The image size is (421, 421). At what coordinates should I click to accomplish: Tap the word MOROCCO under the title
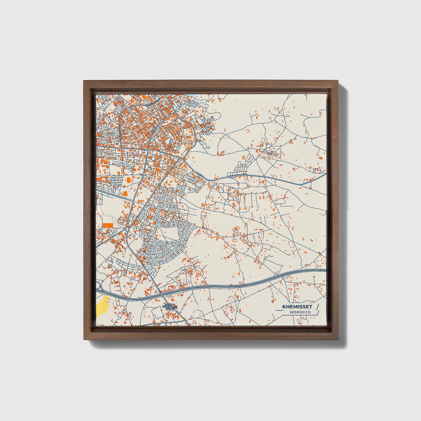tap(300, 312)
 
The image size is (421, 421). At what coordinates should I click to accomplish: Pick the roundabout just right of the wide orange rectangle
tap(125, 229)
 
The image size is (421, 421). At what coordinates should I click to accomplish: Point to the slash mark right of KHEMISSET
tap(317, 307)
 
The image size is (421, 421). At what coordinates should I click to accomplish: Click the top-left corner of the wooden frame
tap(84, 81)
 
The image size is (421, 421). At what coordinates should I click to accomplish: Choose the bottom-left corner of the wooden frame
tap(84, 340)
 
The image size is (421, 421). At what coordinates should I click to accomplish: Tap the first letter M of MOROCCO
tap(291, 312)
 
